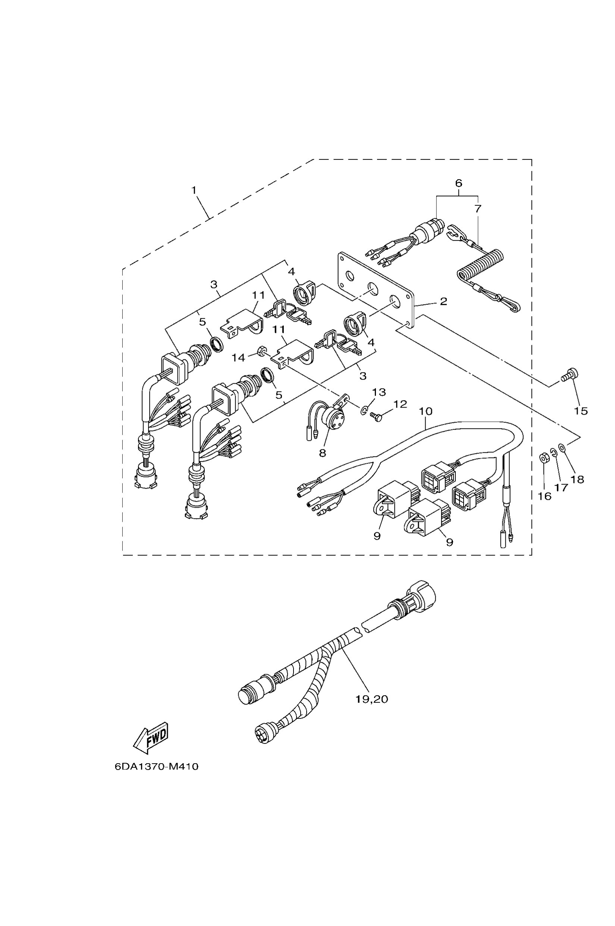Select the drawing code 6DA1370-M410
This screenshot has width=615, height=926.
pyautogui.click(x=157, y=777)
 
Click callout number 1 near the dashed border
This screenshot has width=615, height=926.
pyautogui.click(x=194, y=190)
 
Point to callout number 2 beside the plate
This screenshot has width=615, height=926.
pyautogui.click(x=443, y=302)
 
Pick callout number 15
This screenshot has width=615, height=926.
pyautogui.click(x=581, y=411)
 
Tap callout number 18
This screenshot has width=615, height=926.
pyautogui.click(x=578, y=479)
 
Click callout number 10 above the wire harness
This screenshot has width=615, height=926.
pyautogui.click(x=426, y=411)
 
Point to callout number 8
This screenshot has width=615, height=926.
pyautogui.click(x=322, y=453)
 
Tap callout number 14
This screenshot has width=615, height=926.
pyautogui.click(x=238, y=357)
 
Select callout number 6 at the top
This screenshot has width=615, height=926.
pyautogui.click(x=458, y=183)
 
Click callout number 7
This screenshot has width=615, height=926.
pyautogui.click(x=477, y=209)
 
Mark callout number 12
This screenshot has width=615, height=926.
pyautogui.click(x=400, y=404)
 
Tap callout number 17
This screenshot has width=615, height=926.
pyautogui.click(x=562, y=487)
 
